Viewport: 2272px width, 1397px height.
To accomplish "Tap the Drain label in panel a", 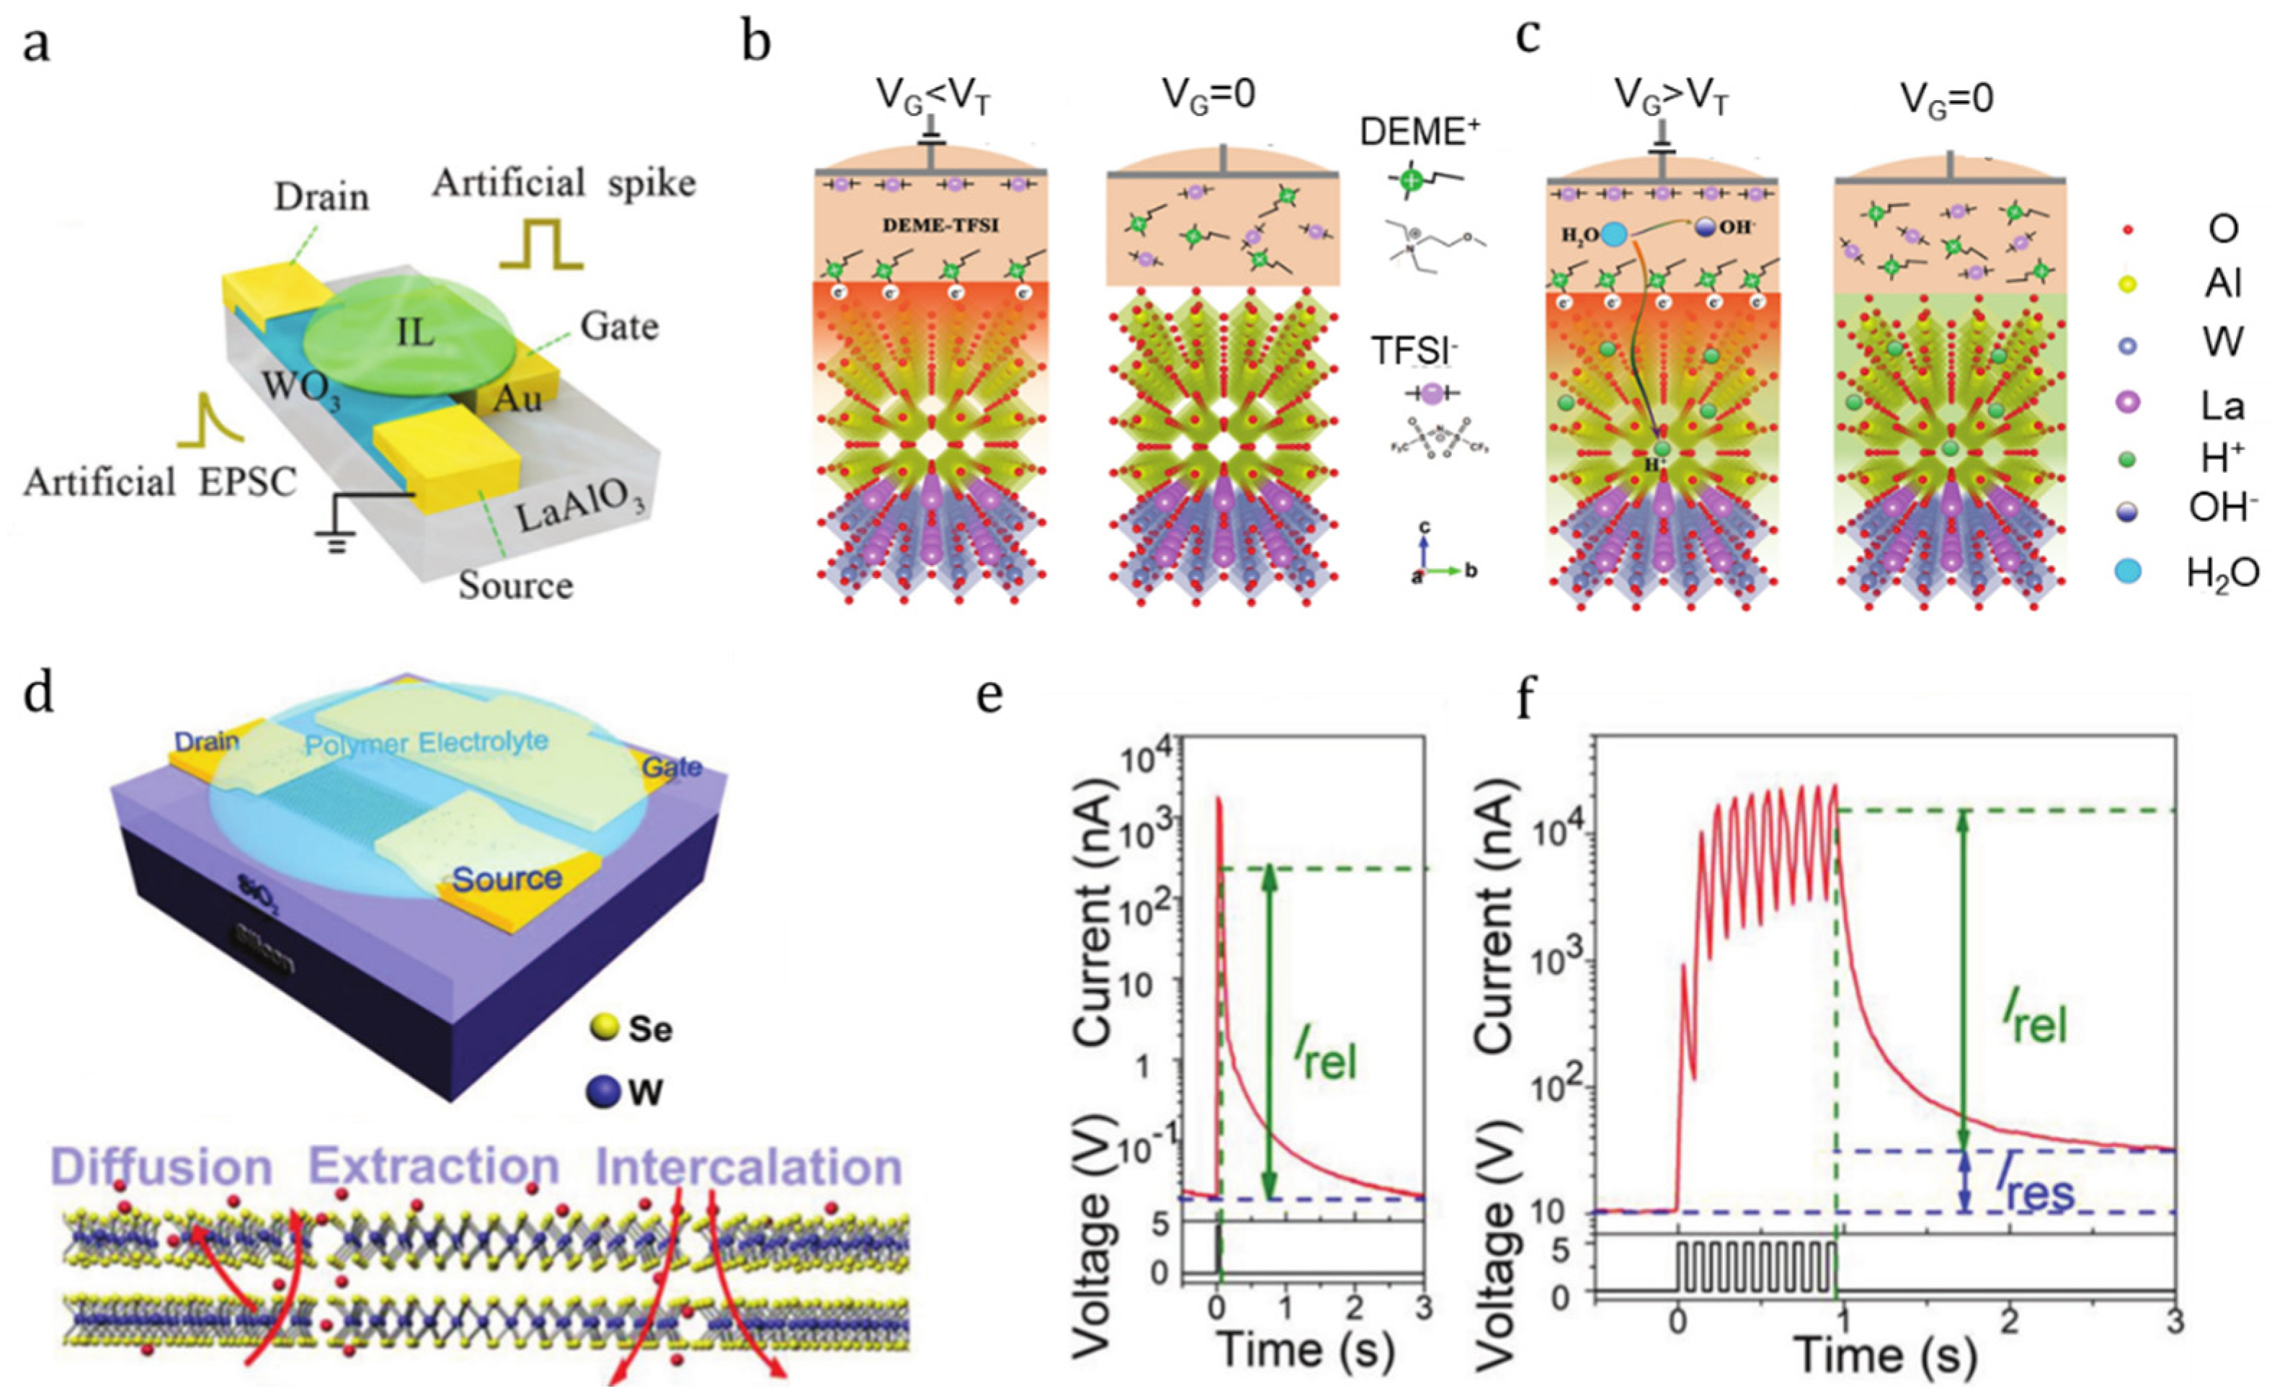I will tap(321, 196).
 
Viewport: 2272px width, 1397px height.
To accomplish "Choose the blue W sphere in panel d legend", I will tap(601, 1092).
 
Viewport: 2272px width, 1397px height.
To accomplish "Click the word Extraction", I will tap(434, 1167).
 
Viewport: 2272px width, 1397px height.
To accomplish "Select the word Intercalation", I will tap(749, 1167).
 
